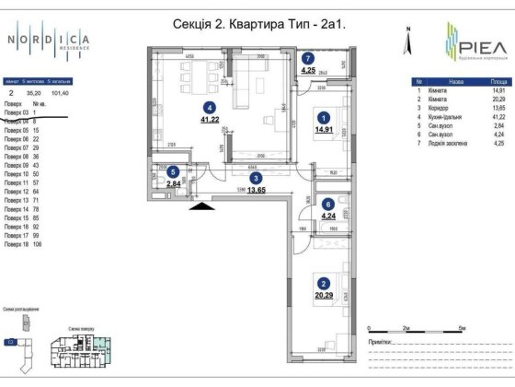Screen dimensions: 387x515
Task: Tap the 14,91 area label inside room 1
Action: tap(323, 131)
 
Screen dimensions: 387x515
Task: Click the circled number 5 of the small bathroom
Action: tap(173, 170)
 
